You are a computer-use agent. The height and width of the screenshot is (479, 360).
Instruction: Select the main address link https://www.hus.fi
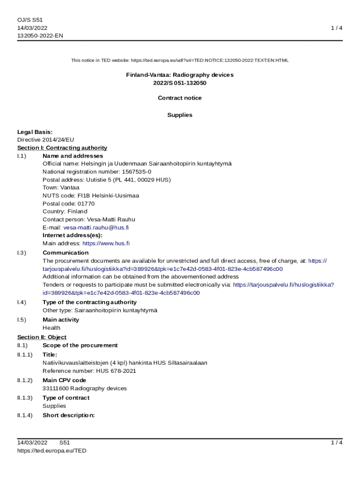[x=106, y=243]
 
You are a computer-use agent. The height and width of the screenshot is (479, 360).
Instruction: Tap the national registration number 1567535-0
[x=137, y=172]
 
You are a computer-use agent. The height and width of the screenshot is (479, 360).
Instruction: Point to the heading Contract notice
[x=180, y=98]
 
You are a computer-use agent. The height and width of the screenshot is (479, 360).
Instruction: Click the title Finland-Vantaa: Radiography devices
[x=180, y=75]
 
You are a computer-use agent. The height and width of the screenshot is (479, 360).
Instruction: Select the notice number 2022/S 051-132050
[x=180, y=83]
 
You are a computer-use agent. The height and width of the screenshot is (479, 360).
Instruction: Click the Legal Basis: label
[x=35, y=132]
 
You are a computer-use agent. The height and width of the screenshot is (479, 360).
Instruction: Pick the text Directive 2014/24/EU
[x=45, y=139]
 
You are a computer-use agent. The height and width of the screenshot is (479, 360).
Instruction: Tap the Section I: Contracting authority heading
[x=62, y=148]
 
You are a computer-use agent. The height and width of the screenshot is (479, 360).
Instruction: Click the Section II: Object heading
[x=42, y=337]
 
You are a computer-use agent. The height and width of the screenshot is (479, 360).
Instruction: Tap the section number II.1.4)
[x=25, y=415]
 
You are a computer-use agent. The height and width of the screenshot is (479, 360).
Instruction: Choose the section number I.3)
[x=22, y=253]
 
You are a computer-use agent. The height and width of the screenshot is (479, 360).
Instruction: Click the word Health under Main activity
[x=51, y=328]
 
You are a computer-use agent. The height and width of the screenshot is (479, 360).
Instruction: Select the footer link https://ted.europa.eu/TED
[x=51, y=450]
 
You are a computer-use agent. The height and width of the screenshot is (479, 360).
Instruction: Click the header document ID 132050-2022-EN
[x=40, y=36]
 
